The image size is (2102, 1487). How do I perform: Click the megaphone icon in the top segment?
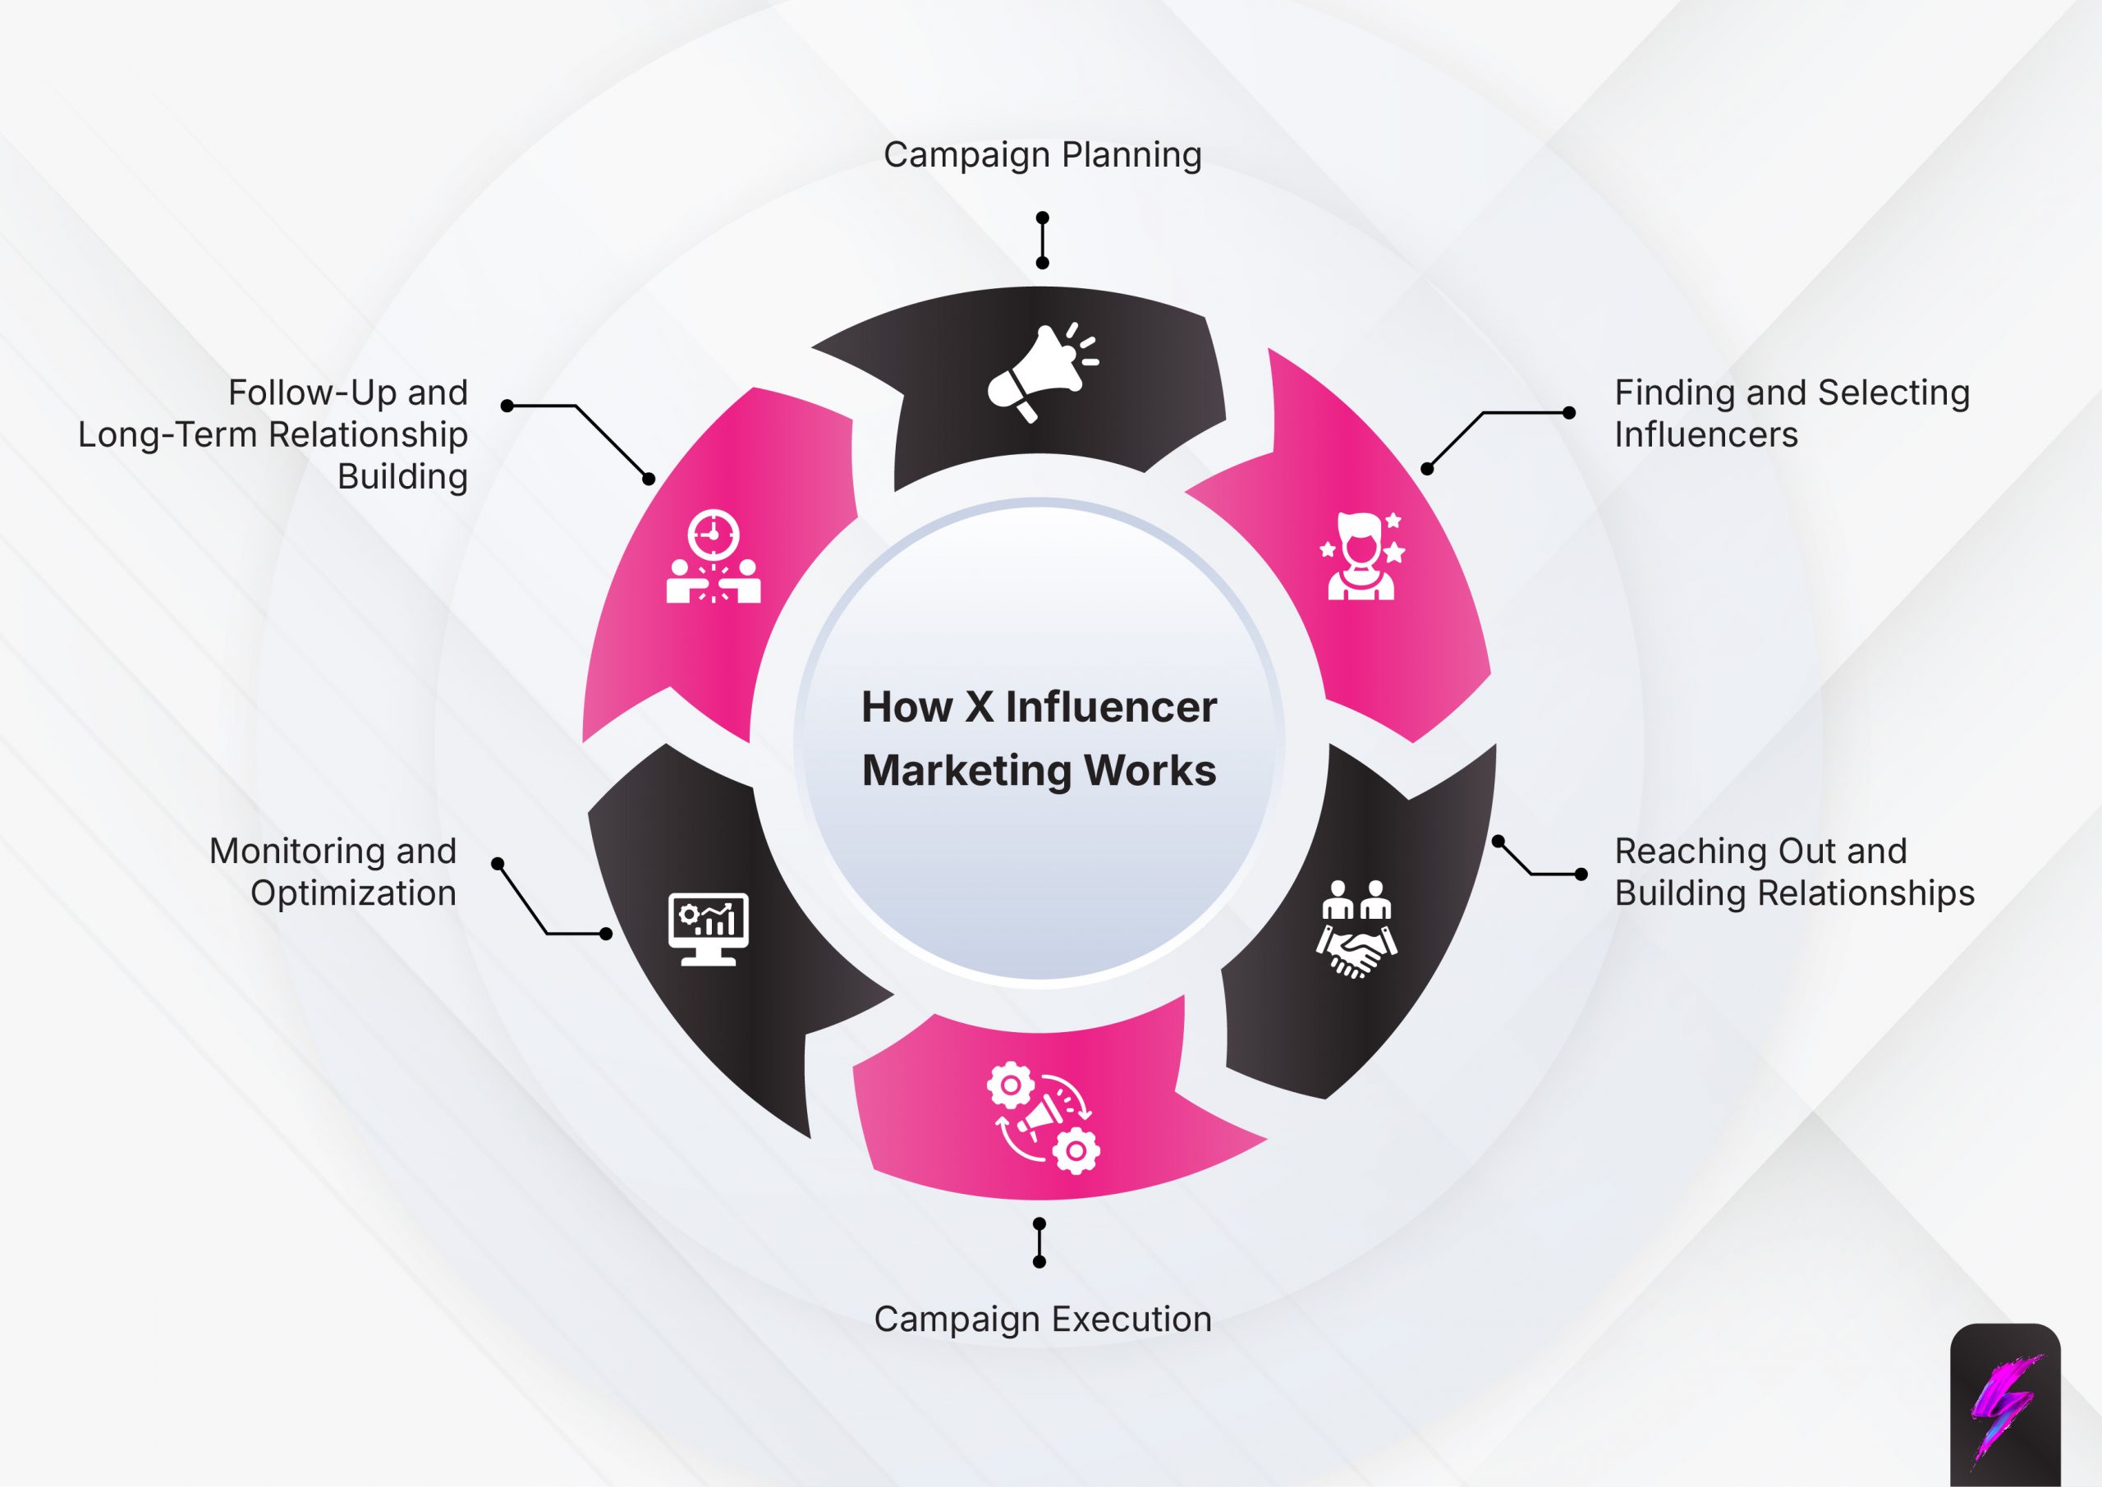(1041, 373)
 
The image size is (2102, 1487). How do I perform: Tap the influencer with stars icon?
(1361, 556)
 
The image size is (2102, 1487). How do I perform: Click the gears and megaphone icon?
(1043, 1117)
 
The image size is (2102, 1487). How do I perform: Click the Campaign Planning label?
(1042, 154)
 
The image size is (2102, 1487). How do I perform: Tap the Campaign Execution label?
(1042, 1319)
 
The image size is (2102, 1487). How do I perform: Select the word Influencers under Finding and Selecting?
(1705, 435)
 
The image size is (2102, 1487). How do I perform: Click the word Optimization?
(353, 893)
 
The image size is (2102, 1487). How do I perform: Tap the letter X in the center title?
(979, 707)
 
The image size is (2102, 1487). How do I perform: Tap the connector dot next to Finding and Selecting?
(1569, 413)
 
